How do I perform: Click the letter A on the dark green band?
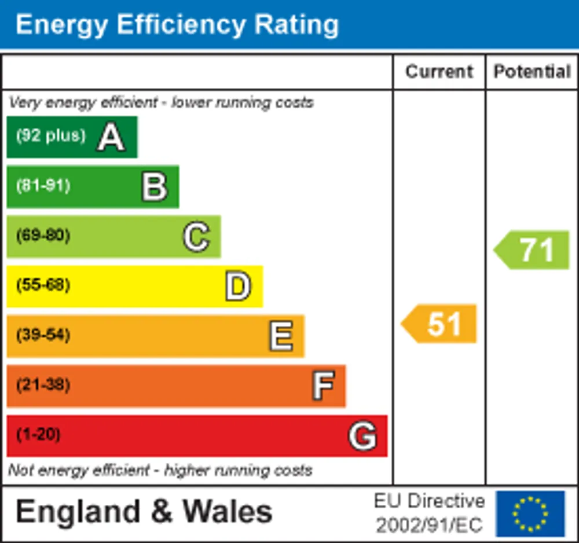coord(111,137)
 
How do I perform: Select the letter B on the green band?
coord(155,187)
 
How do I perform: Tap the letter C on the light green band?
coord(196,237)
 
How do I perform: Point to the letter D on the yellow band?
coord(239,286)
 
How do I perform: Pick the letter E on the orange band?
coord(281,336)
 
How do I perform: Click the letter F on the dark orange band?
coord(324,386)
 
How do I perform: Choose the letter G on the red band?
coord(362,436)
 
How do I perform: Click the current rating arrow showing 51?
coord(439,324)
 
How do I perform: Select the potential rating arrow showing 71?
coord(532,250)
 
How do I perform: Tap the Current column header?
coord(439,72)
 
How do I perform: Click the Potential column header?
coord(533,72)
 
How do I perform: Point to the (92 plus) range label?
coord(51,135)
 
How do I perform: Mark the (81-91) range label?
coord(43,185)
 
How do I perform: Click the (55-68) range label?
coord(43,285)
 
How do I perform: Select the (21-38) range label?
coord(43,384)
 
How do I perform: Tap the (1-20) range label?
coord(38,434)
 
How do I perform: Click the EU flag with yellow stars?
coord(530,513)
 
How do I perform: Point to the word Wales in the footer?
coord(228,512)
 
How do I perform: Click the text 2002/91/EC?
coord(430,525)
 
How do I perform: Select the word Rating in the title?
coord(296,25)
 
